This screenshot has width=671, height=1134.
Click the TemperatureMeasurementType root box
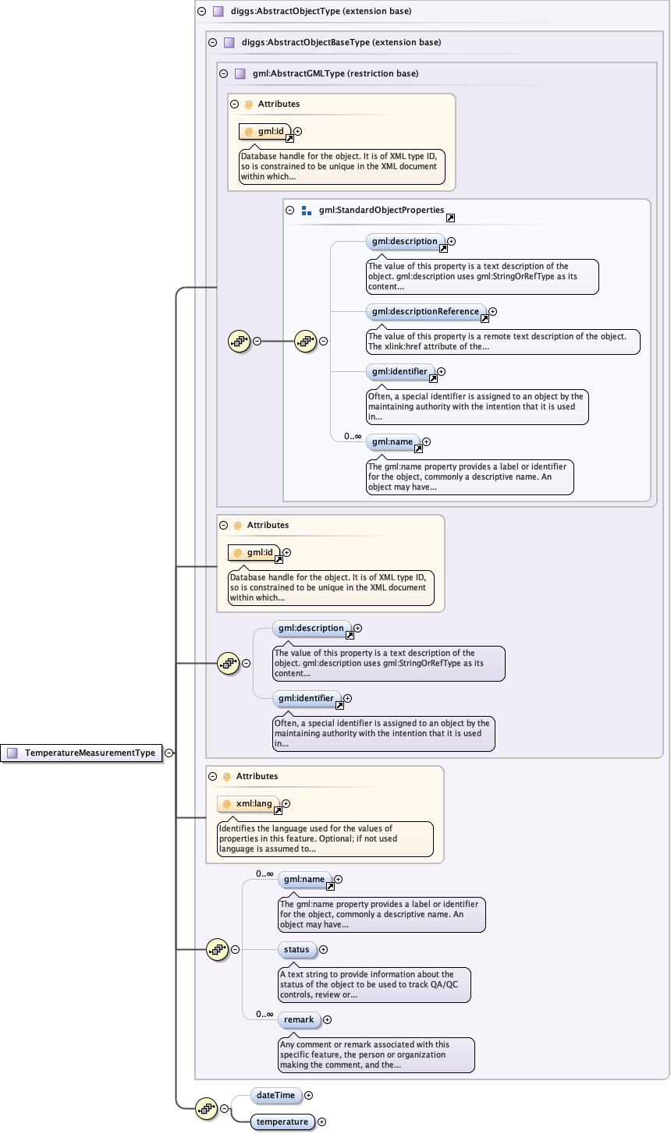(x=82, y=753)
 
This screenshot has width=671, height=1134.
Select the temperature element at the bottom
(x=282, y=1122)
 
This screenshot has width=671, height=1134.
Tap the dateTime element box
(x=275, y=1095)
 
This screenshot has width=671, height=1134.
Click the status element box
(x=296, y=949)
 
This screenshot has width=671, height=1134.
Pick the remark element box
(x=298, y=1019)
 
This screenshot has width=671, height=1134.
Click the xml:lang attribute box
(x=248, y=803)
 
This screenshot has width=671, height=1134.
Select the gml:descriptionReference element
(x=425, y=311)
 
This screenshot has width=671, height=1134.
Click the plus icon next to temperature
(x=321, y=1122)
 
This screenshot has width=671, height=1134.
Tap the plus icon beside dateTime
(x=308, y=1096)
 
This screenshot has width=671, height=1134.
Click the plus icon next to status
(x=323, y=950)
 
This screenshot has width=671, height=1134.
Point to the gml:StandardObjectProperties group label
(x=381, y=211)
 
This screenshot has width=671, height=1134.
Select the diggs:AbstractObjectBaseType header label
(x=341, y=42)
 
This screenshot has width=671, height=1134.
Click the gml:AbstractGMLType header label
(x=335, y=73)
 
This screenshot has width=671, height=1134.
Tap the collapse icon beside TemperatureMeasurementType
(x=169, y=753)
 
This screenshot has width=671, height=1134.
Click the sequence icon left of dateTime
(x=206, y=1108)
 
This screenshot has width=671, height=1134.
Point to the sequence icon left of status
(x=217, y=949)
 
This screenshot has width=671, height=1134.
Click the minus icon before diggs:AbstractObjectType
(x=201, y=12)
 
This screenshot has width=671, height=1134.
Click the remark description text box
(x=376, y=1054)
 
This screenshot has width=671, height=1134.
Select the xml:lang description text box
(x=325, y=838)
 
